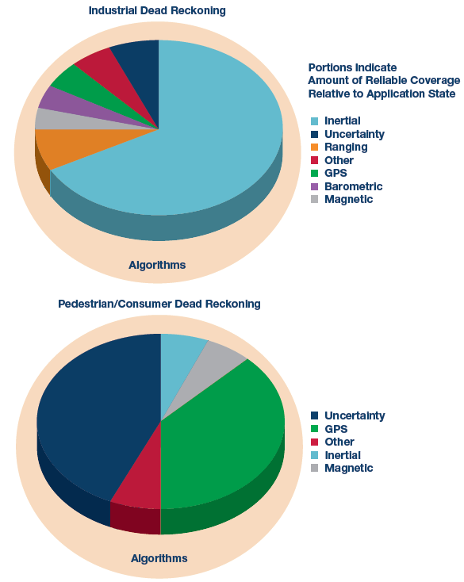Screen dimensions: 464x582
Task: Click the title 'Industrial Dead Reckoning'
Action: (x=157, y=10)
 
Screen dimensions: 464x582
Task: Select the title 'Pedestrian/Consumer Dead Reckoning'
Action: (x=159, y=304)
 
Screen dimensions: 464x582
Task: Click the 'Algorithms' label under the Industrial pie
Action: (x=157, y=265)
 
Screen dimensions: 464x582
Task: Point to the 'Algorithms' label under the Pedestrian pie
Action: (x=159, y=558)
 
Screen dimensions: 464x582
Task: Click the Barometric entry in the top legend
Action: (x=347, y=186)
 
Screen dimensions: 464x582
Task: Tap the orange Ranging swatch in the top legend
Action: (x=314, y=147)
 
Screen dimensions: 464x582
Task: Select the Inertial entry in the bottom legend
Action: (x=336, y=455)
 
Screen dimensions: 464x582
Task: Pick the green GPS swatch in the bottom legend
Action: (x=314, y=429)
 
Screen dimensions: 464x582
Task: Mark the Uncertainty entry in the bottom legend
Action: (x=348, y=415)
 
